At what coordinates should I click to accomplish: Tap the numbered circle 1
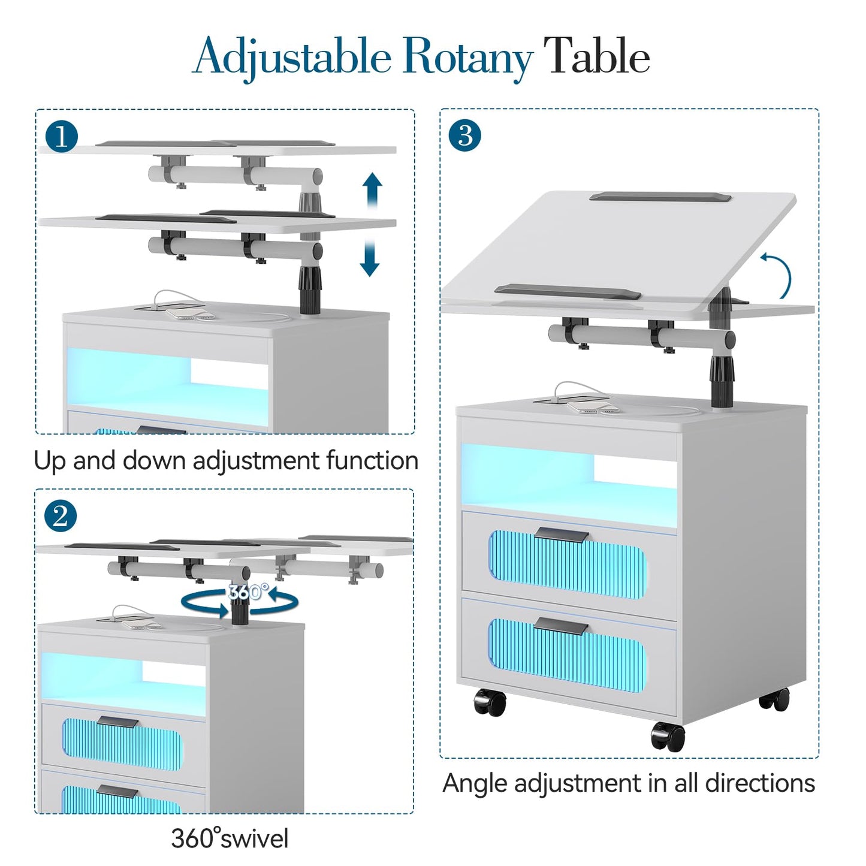[62, 136]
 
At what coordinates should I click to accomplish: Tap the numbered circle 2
[61, 517]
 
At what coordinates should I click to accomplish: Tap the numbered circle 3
[464, 135]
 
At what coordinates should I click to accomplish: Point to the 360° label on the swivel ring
[248, 592]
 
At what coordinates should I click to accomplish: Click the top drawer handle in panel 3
[562, 535]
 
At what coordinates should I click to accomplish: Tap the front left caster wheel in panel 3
[490, 702]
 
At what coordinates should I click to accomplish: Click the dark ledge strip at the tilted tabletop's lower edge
[568, 291]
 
